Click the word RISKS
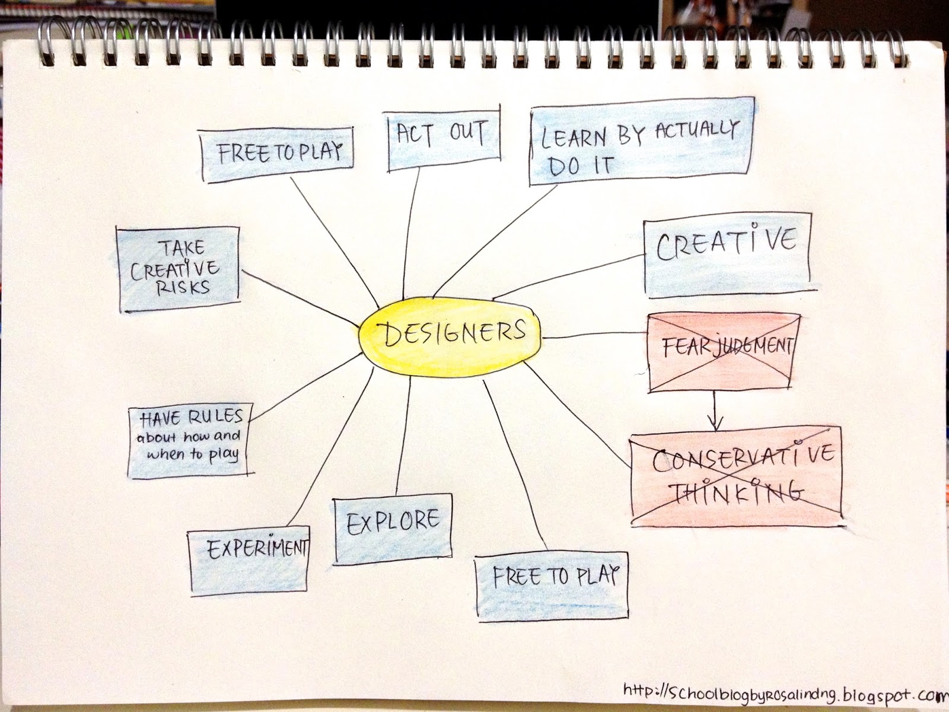coord(183,287)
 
